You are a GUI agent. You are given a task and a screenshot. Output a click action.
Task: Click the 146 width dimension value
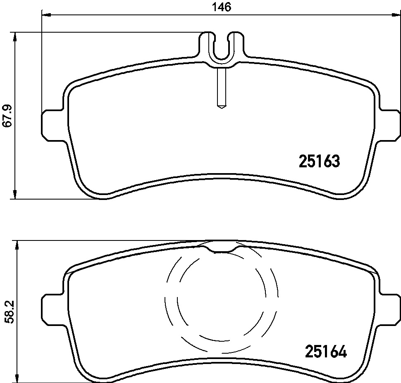click(222, 7)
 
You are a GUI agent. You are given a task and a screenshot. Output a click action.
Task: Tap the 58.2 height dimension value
click(10, 312)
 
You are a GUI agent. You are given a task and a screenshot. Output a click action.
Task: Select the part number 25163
click(320, 161)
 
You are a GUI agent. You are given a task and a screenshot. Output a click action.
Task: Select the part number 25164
click(326, 352)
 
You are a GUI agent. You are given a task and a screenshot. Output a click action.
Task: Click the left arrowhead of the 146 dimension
click(46, 15)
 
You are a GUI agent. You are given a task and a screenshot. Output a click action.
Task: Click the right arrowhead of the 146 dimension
click(396, 15)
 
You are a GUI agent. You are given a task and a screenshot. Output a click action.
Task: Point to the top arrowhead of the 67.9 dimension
click(15, 37)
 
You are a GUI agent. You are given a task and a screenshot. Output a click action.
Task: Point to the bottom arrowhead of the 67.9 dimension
click(15, 194)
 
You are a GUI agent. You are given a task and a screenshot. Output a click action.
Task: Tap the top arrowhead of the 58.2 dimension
click(17, 245)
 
